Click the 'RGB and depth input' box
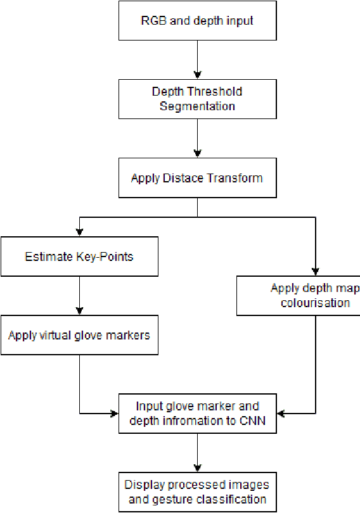pyautogui.click(x=197, y=21)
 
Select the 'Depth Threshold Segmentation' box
pyautogui.click(x=197, y=98)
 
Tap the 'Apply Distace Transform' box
pyautogui.click(x=197, y=178)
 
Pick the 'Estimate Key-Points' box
pyautogui.click(x=79, y=256)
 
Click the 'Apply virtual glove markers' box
pyautogui.click(x=79, y=334)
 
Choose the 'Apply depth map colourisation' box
pyautogui.click(x=299, y=295)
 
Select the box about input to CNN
pyautogui.click(x=197, y=413)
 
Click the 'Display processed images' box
pyautogui.click(x=197, y=492)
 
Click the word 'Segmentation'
pyautogui.click(x=197, y=106)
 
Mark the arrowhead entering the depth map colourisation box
pyautogui.click(x=315, y=270)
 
